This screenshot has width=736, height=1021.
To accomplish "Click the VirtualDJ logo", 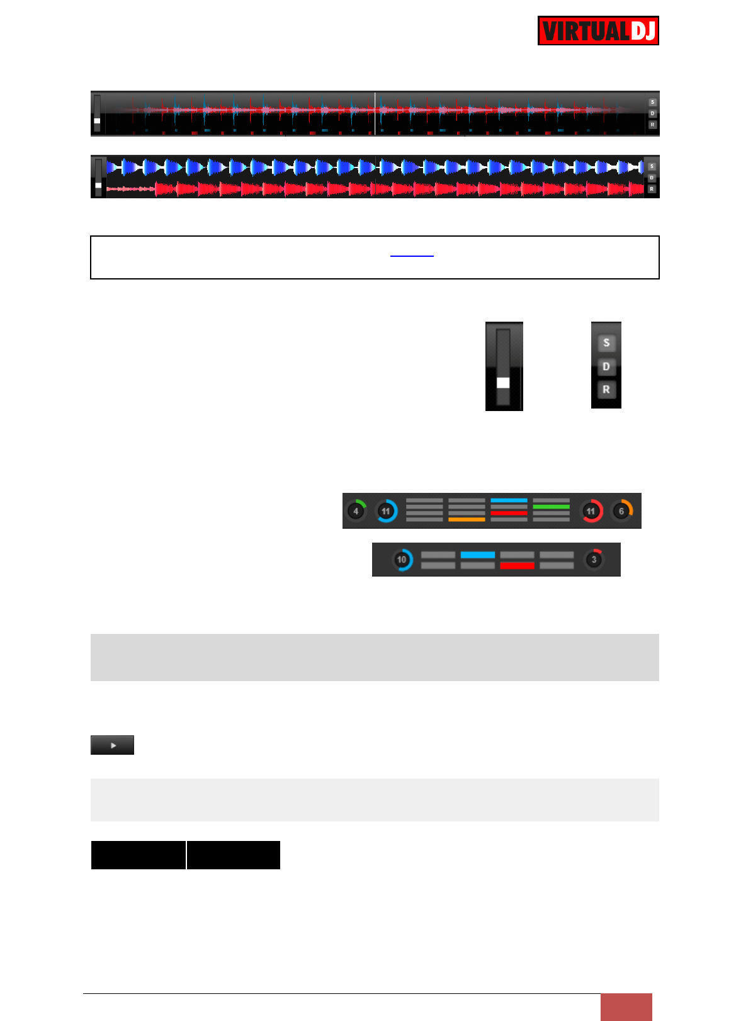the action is coord(598,31).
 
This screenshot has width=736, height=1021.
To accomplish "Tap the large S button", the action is coord(606,343).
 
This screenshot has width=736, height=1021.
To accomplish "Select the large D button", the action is coord(606,366).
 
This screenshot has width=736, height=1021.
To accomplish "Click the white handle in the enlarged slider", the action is coord(503,383).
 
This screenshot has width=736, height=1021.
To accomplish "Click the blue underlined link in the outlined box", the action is coord(412,255).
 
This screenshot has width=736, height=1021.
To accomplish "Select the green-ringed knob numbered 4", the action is coord(356,511).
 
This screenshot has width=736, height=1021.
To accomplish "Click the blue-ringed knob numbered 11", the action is coord(386,511).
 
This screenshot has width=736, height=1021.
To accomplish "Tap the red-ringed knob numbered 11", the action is coord(591,511).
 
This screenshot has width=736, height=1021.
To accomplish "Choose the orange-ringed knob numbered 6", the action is coord(621,511).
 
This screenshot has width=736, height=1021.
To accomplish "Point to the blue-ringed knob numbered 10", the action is coord(402,560).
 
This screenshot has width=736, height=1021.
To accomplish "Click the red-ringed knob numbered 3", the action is coord(594,560).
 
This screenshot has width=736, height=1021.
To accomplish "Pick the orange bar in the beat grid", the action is coord(467,519).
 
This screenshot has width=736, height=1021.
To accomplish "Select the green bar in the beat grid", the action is coord(551,506).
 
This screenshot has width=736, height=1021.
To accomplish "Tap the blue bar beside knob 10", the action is coord(477,555).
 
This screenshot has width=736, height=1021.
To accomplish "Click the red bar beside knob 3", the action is coord(517,565).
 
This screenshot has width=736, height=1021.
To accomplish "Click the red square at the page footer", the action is coord(626,1007).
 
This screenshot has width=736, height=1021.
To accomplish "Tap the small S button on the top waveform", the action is coord(652,102).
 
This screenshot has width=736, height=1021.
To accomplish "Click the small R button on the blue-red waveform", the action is coord(652,189).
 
